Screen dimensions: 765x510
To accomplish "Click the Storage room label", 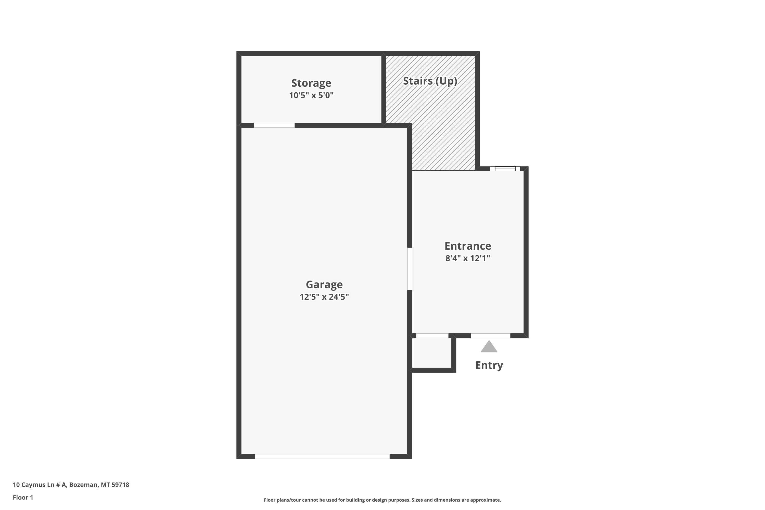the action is (311, 83).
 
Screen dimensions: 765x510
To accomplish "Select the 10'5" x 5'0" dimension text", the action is (311, 95).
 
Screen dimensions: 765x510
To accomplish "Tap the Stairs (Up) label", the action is (430, 81).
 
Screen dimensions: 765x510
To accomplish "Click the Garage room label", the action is (324, 285).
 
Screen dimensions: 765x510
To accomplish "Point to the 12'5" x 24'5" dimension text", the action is (324, 297).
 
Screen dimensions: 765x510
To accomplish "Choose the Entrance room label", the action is (468, 246).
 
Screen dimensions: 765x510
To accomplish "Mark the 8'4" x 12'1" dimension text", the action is (468, 258).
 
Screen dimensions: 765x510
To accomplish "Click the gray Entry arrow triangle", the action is (489, 347).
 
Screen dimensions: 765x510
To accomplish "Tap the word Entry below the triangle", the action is (489, 365).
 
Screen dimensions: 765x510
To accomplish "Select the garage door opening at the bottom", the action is (322, 456).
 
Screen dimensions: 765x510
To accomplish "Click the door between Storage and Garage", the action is (274, 125).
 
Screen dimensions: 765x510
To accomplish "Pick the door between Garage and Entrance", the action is (410, 269).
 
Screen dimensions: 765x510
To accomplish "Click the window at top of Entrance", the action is (505, 169).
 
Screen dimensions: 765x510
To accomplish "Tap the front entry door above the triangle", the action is (490, 336).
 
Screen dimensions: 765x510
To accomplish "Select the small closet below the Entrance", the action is (432, 353).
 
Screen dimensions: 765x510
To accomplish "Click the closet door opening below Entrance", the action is (432, 336).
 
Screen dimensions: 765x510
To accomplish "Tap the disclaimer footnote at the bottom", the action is (382, 500).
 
